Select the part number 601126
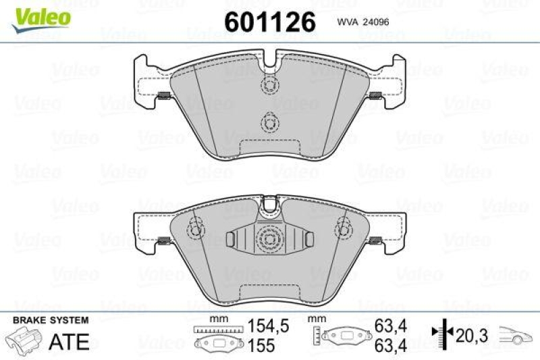(x=269, y=22)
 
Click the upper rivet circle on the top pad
(x=269, y=86)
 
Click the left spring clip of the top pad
(x=163, y=96)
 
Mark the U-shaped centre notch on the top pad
(x=269, y=64)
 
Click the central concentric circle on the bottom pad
(x=269, y=238)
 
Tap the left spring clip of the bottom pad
(x=163, y=241)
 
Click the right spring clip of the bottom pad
(x=376, y=241)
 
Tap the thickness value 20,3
(x=470, y=334)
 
